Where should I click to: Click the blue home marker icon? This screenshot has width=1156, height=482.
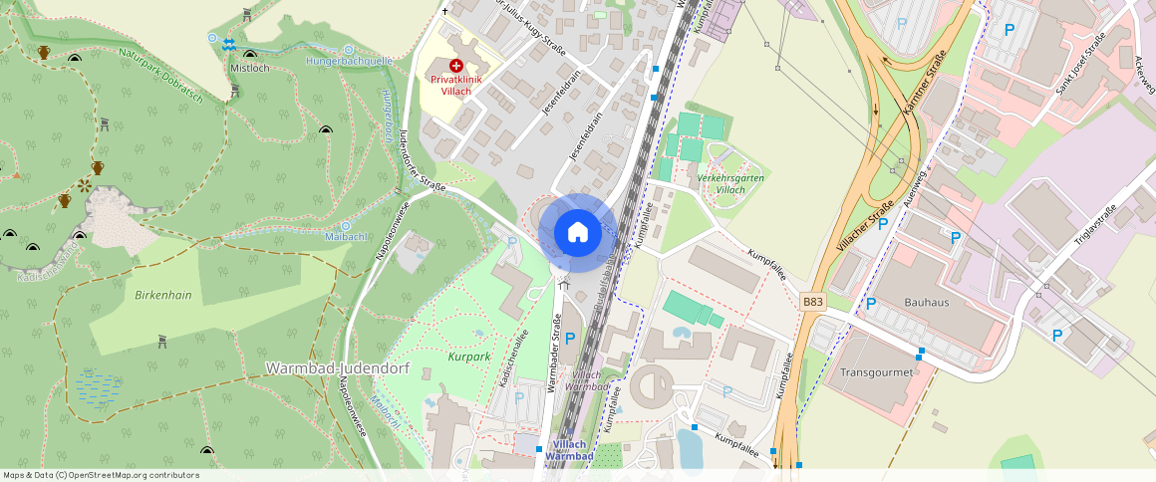click(x=577, y=233)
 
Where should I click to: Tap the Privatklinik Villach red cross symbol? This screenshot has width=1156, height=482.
click(x=456, y=65)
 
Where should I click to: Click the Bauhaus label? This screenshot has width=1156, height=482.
click(x=926, y=302)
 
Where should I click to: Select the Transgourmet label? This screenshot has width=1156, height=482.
click(x=877, y=372)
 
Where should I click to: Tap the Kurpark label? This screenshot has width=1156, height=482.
click(x=469, y=356)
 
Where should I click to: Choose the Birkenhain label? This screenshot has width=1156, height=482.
click(x=162, y=296)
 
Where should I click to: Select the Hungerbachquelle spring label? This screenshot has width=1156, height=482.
click(x=352, y=61)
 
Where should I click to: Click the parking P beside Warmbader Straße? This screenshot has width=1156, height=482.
click(x=570, y=339)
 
